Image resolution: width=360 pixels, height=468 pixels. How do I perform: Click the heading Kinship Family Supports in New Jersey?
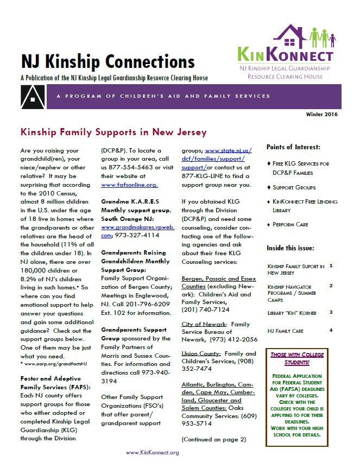click(x=113, y=132)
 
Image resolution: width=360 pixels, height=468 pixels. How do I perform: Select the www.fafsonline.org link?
click(x=124, y=185)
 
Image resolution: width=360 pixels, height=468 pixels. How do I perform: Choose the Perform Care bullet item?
click(x=292, y=225)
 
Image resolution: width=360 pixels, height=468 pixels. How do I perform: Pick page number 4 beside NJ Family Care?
click(x=330, y=330)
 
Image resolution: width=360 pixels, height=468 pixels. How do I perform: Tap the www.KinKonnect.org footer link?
click(x=152, y=452)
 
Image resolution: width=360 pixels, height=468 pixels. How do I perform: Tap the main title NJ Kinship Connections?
click(x=108, y=61)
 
